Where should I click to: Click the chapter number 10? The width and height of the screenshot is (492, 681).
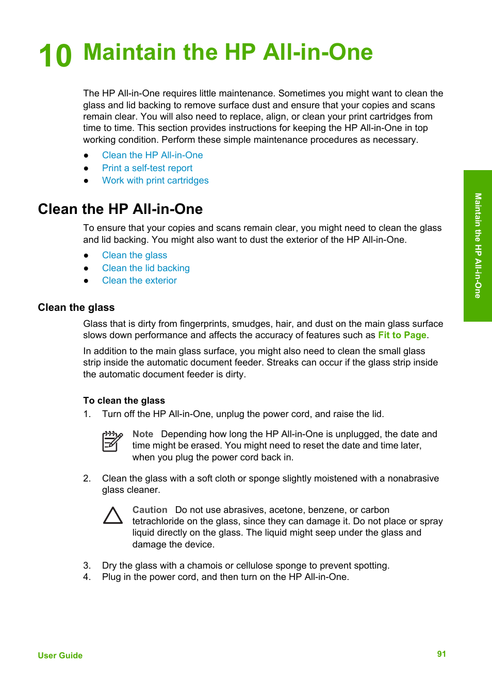(55, 56)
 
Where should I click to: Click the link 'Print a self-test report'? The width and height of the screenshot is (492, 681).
(147, 168)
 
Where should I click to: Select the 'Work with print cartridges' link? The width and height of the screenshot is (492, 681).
(155, 180)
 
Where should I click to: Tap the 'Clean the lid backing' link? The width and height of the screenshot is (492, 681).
(145, 268)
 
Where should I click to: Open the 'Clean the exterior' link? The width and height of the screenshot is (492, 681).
(139, 280)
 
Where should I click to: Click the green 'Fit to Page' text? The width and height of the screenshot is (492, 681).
(402, 335)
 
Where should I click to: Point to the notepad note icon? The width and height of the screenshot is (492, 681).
(112, 442)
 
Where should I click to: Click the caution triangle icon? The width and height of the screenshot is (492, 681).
(112, 516)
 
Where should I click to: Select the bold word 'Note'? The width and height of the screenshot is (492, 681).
(143, 434)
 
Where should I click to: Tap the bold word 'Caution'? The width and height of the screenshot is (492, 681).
(150, 510)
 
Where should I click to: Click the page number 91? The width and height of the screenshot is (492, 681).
(441, 654)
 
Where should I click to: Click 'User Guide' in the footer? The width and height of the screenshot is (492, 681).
(60, 655)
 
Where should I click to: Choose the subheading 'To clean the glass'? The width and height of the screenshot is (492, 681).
(124, 401)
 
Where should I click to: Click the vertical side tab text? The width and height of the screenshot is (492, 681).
(478, 245)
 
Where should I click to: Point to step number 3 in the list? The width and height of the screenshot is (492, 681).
(87, 566)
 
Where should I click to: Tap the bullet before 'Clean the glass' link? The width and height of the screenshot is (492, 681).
(86, 256)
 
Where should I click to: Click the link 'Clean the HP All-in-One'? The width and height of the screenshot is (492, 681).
(152, 155)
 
